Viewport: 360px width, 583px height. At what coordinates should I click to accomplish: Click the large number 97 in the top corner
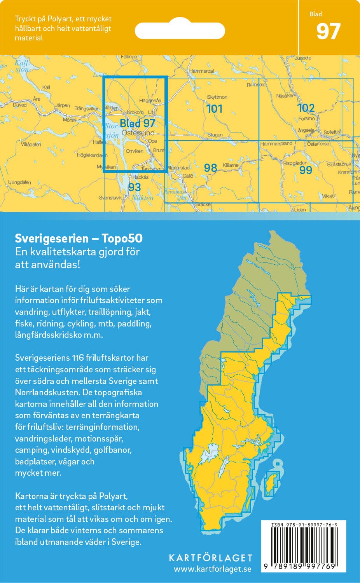point(328,32)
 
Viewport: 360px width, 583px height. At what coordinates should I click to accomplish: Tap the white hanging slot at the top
point(180,30)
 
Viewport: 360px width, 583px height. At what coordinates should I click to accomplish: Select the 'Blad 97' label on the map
point(137,123)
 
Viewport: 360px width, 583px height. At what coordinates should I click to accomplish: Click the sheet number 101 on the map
point(214,109)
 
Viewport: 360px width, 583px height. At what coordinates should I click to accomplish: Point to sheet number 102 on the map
point(306,108)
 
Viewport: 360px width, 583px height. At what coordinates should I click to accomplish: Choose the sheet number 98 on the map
point(210,168)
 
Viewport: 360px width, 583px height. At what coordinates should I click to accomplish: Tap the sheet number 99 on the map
point(306,170)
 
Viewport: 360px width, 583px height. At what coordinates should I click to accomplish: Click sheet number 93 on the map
point(134,187)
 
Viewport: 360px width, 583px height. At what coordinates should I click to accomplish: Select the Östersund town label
point(138,133)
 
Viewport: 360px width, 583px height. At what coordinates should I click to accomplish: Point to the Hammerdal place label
point(201,71)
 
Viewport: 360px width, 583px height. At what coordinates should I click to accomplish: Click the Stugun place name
point(215,135)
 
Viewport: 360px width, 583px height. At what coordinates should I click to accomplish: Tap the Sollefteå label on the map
point(332,132)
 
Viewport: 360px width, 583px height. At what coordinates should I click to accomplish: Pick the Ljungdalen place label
point(19,182)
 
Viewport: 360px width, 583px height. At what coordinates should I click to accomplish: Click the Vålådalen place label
point(31,144)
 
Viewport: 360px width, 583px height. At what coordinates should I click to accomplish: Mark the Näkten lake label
point(142,198)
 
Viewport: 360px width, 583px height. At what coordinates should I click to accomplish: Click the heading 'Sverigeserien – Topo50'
point(79,238)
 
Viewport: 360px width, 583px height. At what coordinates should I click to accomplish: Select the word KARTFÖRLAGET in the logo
point(210,558)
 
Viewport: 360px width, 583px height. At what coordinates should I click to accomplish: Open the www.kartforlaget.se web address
point(212,569)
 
